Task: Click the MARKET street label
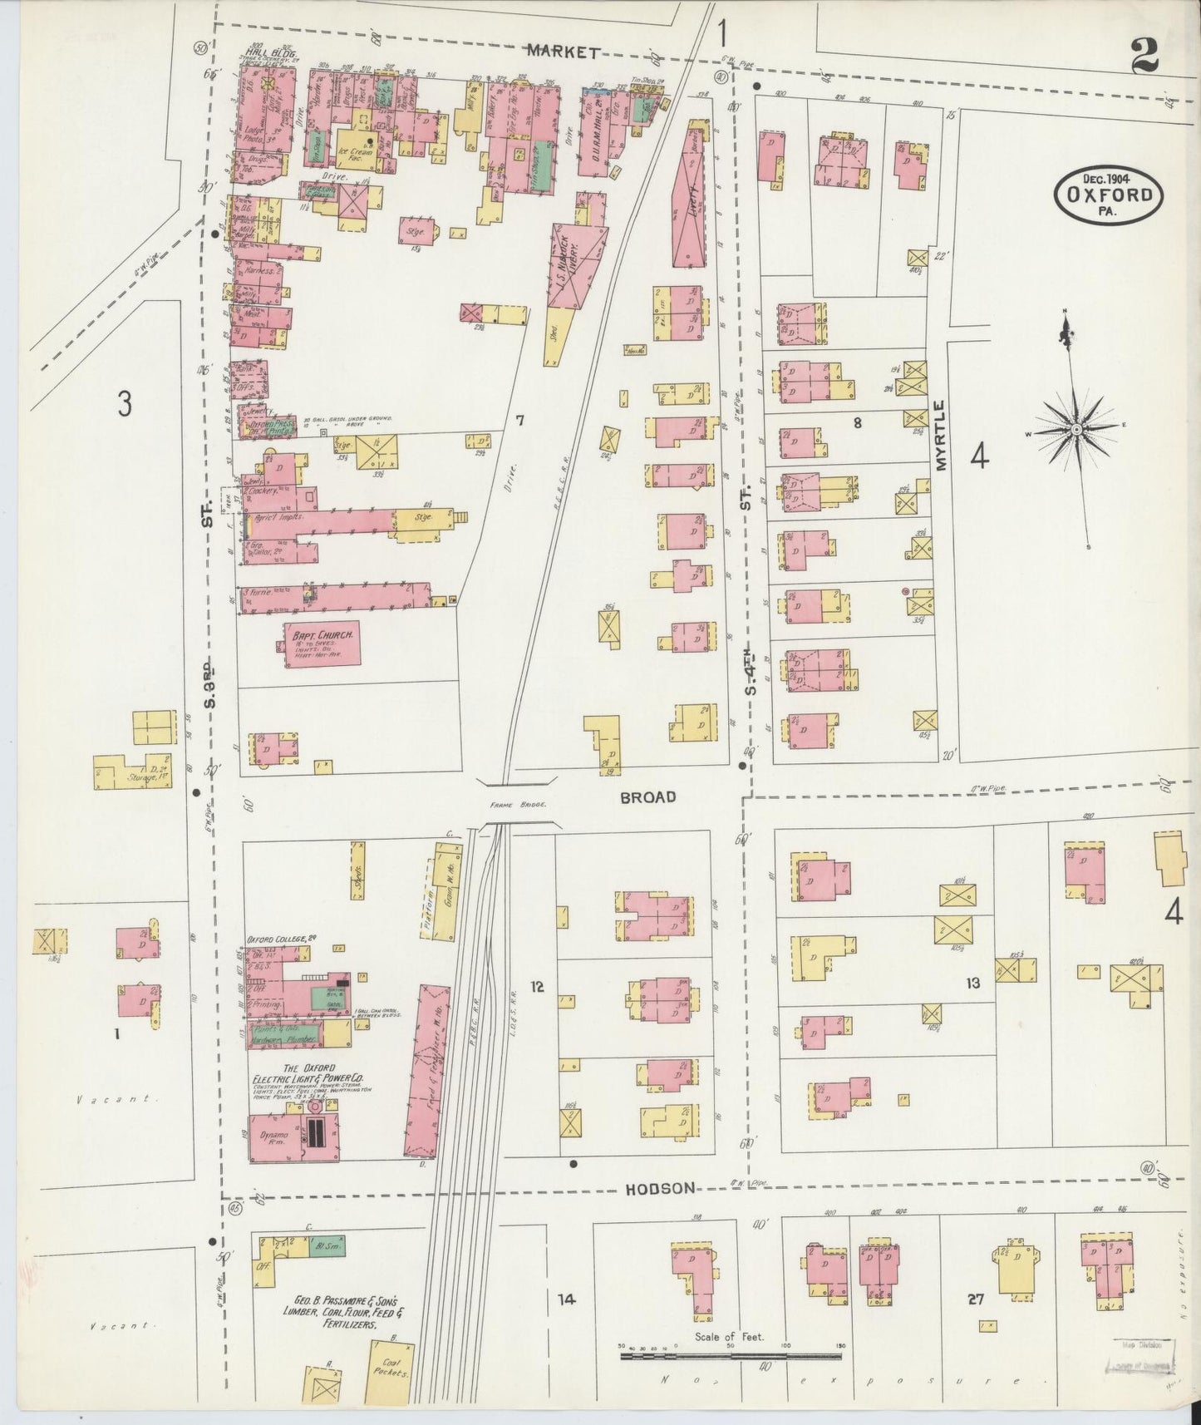coord(564,52)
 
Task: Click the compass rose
coord(1075,429)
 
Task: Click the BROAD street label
coord(648,797)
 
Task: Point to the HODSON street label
coord(659,1189)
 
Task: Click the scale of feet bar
coord(731,1356)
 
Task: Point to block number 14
coord(566,1299)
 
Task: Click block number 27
coord(975,1299)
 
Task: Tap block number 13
coord(972,984)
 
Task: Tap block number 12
coord(537,987)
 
